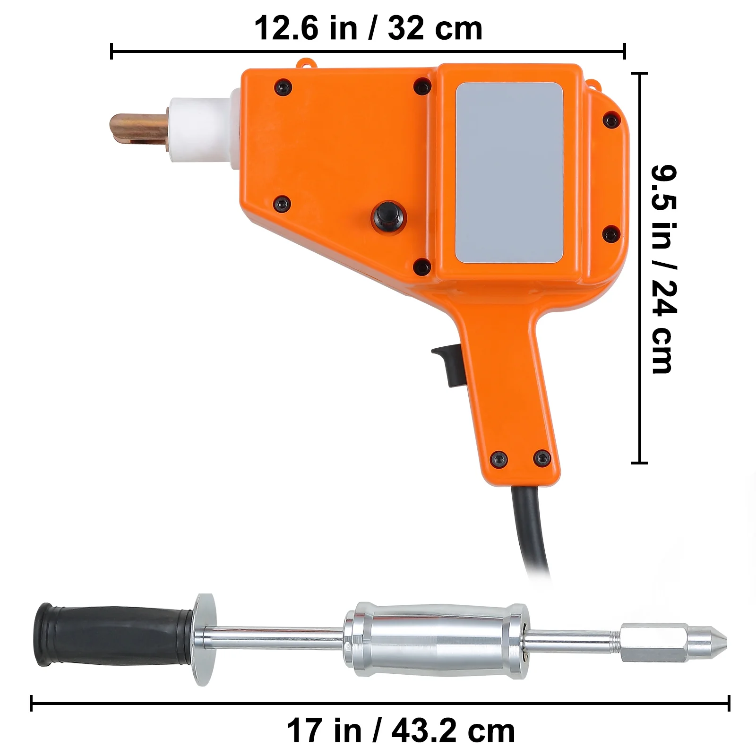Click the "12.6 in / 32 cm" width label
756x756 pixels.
[x=369, y=28]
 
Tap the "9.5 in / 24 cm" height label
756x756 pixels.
[x=664, y=269]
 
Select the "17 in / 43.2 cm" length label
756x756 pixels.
[x=401, y=731]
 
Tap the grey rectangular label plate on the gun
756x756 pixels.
[x=509, y=173]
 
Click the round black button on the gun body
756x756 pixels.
[x=388, y=217]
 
